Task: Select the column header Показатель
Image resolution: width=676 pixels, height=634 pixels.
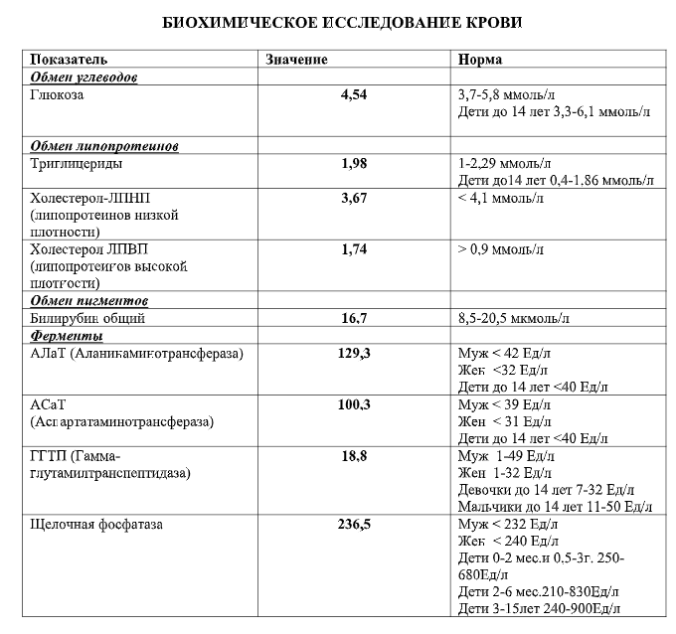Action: (x=69, y=60)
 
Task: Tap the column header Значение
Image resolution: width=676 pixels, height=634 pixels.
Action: (x=296, y=60)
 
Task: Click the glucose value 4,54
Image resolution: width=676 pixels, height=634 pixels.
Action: (x=354, y=94)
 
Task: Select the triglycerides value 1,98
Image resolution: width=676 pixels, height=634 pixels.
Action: (x=354, y=163)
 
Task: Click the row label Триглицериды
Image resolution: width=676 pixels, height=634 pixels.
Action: (x=78, y=163)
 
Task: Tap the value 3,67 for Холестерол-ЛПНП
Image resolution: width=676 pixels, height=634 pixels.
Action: (x=354, y=198)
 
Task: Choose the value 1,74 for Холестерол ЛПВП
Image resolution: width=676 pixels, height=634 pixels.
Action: (x=354, y=249)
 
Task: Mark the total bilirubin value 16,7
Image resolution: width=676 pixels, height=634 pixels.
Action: (x=354, y=318)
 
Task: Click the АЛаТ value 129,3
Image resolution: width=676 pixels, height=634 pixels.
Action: (x=354, y=353)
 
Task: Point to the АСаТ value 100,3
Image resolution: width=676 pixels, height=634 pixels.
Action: (x=354, y=404)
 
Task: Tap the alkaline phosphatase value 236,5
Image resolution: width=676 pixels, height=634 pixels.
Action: (x=354, y=524)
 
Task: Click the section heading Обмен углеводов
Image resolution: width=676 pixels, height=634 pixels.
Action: (x=84, y=77)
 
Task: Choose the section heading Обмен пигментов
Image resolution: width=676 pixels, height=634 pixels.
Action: (x=89, y=300)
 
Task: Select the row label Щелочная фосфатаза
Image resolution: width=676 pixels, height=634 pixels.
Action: (x=97, y=524)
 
